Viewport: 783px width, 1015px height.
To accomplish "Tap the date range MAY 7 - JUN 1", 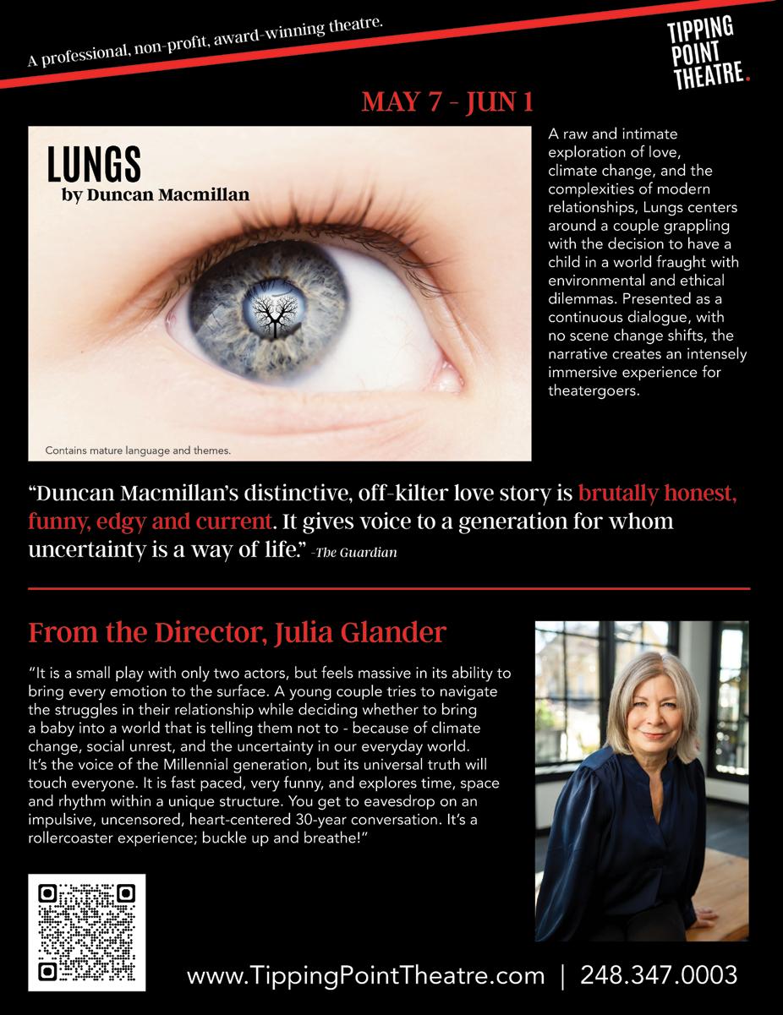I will pos(447,102).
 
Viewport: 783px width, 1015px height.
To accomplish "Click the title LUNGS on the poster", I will pos(93,165).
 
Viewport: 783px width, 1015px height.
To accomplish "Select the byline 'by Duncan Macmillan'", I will pos(156,194).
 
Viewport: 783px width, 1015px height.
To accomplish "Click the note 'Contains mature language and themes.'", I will pos(138,450).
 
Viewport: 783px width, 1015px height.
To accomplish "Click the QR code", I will pos(87,932).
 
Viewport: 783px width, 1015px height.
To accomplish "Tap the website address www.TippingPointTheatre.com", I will pos(365,975).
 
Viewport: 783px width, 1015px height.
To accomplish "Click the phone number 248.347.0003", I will pos(659,975).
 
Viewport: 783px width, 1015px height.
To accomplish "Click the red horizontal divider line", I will pos(389,587).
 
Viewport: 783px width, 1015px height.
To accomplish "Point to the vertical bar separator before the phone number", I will pos(562,975).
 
